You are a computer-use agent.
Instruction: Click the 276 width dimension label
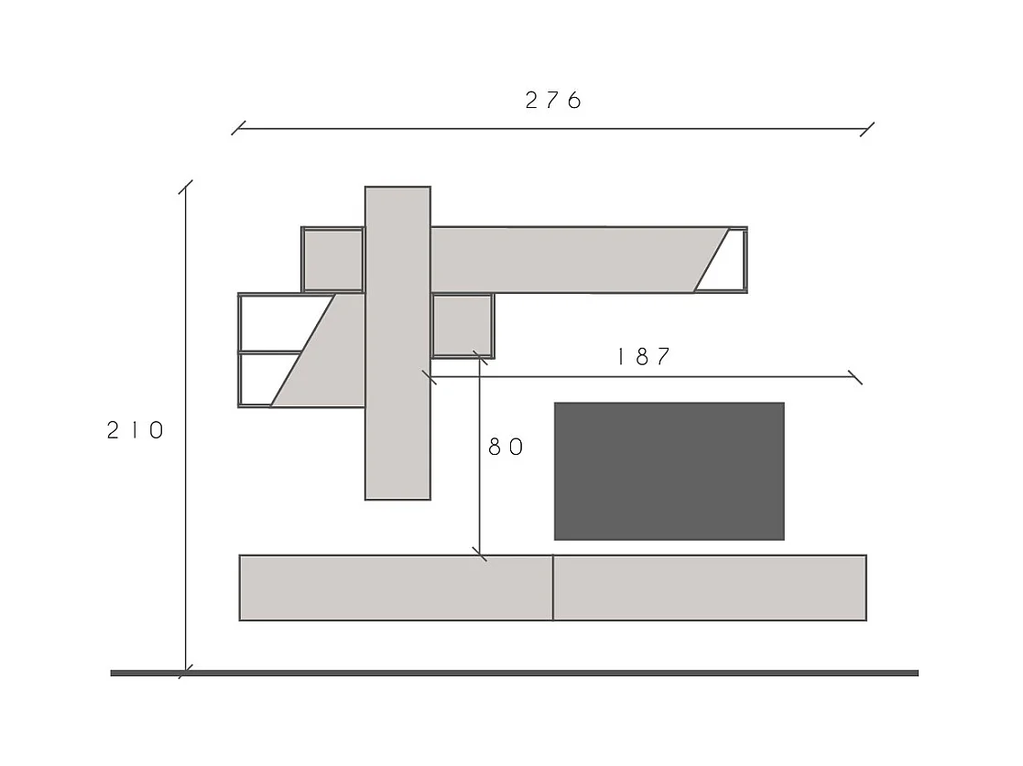click(x=553, y=101)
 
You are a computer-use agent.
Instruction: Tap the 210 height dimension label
click(x=136, y=430)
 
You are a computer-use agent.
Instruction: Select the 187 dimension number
click(x=644, y=357)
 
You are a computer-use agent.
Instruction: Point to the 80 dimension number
click(x=506, y=447)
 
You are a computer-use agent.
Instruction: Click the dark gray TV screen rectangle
click(x=669, y=471)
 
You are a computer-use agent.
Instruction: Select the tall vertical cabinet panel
click(x=398, y=343)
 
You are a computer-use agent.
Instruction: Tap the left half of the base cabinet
click(x=396, y=588)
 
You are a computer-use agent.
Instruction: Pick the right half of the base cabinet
click(x=710, y=588)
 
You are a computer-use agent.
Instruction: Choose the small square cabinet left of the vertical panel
click(x=332, y=260)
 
